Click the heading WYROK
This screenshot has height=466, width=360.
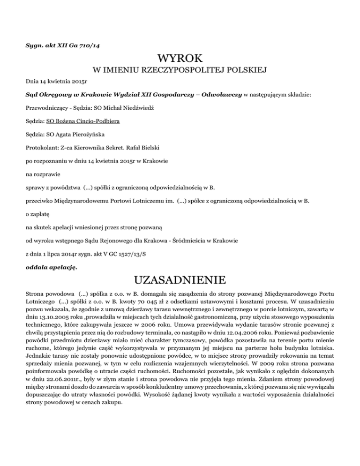click(180, 59)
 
